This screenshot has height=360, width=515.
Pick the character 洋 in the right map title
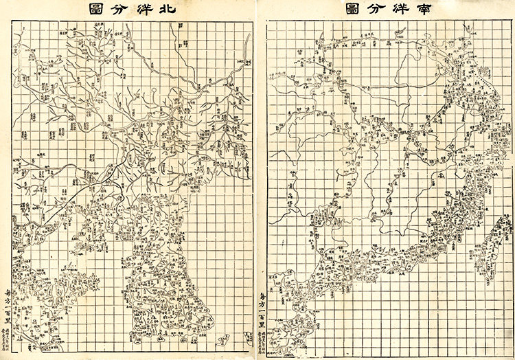click(x=404, y=10)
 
